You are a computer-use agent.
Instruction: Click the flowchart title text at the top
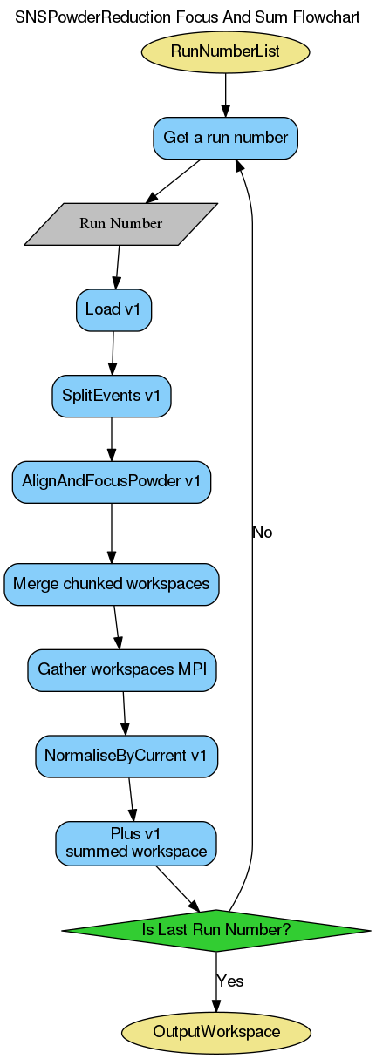pyautogui.click(x=188, y=17)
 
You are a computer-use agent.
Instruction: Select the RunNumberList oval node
pyautogui.click(x=225, y=51)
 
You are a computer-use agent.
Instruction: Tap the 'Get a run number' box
pyautogui.click(x=225, y=138)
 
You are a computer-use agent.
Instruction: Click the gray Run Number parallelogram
pyautogui.click(x=120, y=224)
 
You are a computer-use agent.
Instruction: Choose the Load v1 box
pyautogui.click(x=114, y=309)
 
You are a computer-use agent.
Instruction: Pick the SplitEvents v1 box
pyautogui.click(x=111, y=396)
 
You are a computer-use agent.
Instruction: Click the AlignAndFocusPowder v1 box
pyautogui.click(x=111, y=481)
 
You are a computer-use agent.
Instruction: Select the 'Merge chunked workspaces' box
pyautogui.click(x=111, y=584)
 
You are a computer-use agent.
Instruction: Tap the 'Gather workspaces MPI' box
pyautogui.click(x=121, y=669)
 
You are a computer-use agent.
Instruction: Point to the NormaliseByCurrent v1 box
pyautogui.click(x=126, y=755)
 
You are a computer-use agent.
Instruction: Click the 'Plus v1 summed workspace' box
pyautogui.click(x=135, y=842)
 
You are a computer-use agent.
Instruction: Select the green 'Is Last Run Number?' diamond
pyautogui.click(x=215, y=930)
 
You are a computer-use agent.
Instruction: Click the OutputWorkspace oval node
pyautogui.click(x=215, y=1032)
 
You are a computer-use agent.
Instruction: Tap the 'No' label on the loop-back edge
pyautogui.click(x=262, y=533)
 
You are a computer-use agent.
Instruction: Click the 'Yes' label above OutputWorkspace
pyautogui.click(x=229, y=981)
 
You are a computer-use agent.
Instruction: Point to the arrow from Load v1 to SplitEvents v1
pyautogui.click(x=113, y=353)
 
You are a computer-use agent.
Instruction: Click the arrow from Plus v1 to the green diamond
pyautogui.click(x=178, y=886)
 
